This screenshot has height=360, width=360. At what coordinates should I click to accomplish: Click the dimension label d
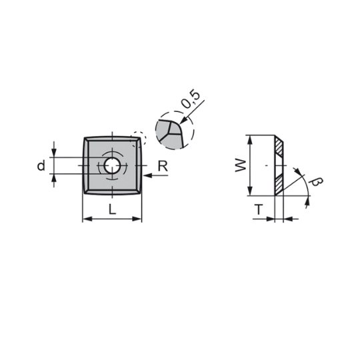(x=41, y=166)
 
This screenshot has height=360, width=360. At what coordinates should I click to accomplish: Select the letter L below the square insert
(x=112, y=209)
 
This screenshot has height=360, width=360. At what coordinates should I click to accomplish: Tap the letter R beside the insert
(x=163, y=166)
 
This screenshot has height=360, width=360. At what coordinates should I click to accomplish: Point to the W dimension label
(x=241, y=165)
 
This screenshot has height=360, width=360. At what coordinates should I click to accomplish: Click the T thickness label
(x=259, y=209)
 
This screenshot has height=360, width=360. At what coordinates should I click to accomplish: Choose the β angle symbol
(x=316, y=181)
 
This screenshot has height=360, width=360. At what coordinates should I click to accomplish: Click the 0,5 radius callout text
(x=191, y=99)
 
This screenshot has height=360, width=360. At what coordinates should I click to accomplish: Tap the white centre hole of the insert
(x=112, y=165)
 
